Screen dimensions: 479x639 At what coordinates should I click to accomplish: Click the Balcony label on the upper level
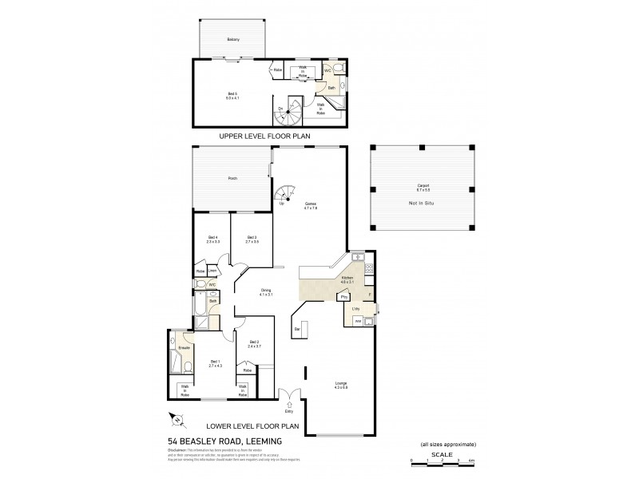click(x=232, y=39)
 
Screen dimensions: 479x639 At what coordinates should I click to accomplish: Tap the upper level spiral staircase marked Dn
click(x=288, y=113)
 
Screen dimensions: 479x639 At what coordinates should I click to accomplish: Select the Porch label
click(x=232, y=178)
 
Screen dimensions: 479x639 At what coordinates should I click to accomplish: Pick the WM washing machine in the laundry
click(x=358, y=320)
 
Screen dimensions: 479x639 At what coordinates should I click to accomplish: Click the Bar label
click(x=297, y=328)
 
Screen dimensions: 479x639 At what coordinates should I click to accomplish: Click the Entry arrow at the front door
click(x=288, y=405)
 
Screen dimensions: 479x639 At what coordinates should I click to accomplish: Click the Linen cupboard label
click(x=212, y=271)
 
